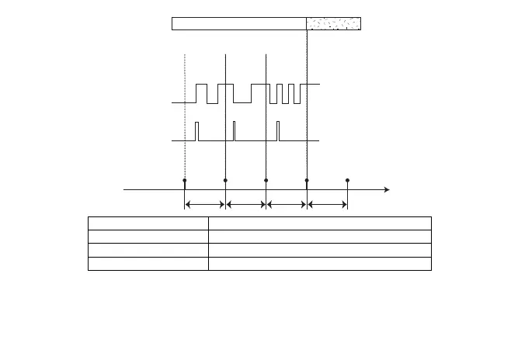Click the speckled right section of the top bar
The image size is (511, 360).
334,23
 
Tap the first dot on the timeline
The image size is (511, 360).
185,180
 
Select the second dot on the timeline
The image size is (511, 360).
225,180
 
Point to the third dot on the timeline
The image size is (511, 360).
266,180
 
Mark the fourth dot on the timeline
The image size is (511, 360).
307,180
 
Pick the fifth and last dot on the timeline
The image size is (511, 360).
347,180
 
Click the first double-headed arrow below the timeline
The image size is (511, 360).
205,205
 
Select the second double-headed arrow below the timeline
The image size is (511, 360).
245,205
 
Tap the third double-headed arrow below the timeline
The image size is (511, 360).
287,205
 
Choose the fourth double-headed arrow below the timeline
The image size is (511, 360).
327,205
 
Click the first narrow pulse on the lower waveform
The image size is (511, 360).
196,130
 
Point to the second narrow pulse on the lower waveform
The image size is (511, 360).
234,130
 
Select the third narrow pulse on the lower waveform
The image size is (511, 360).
279,130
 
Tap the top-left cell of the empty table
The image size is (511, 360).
148,222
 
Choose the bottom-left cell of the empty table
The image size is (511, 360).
148,264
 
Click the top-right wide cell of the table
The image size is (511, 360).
319,222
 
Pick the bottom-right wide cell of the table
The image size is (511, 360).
319,264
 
